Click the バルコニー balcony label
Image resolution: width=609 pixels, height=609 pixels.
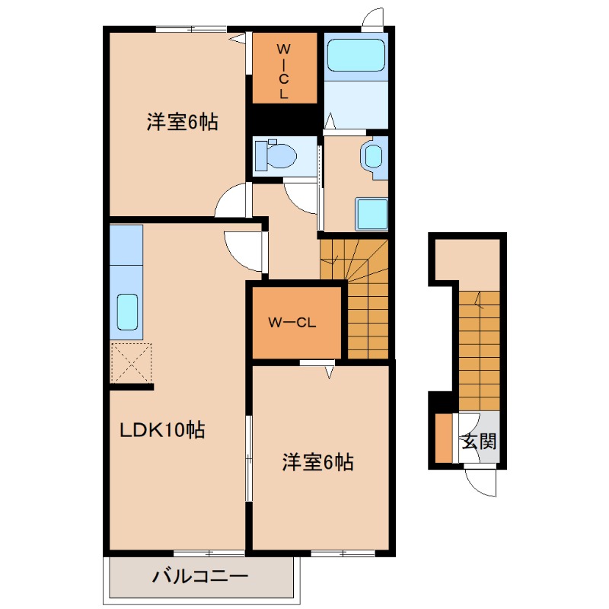(200, 576)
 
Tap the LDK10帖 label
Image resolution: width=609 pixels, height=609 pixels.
(162, 430)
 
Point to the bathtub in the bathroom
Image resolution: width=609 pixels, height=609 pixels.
(356, 55)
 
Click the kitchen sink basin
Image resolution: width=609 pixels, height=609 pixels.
(127, 309)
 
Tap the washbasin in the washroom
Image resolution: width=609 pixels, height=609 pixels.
(373, 157)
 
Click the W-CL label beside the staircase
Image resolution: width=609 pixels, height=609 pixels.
(292, 321)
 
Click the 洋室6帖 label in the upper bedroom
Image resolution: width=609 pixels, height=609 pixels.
(182, 121)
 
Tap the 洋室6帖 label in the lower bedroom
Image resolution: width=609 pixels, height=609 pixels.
(317, 461)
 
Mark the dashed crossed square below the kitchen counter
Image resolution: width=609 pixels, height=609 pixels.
(131, 363)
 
